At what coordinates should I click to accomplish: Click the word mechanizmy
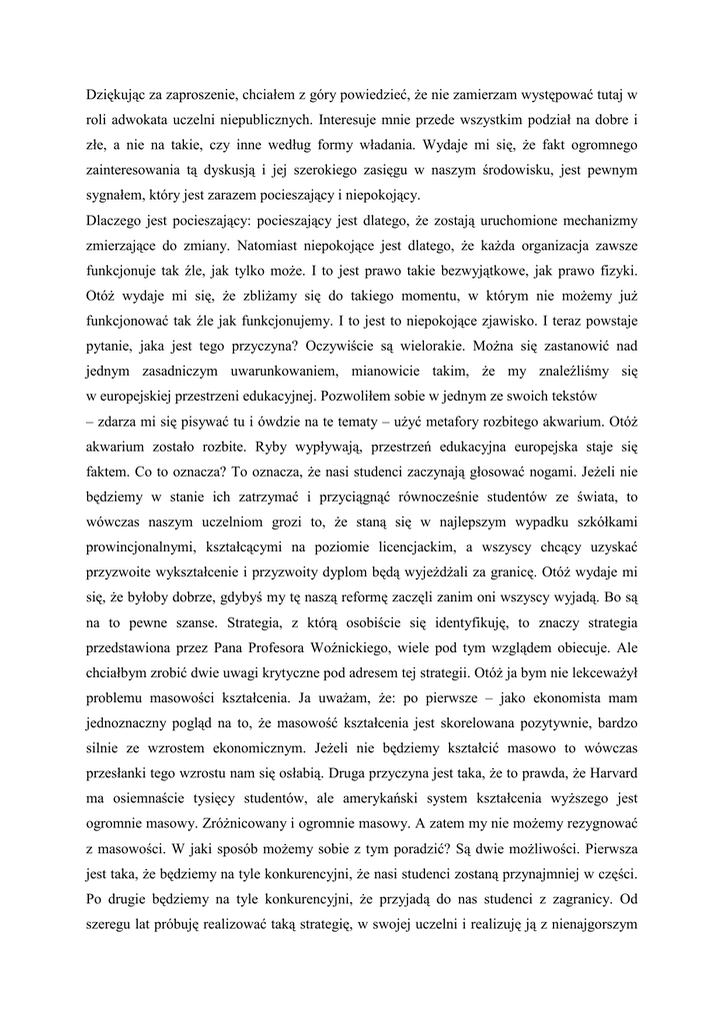(597, 221)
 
